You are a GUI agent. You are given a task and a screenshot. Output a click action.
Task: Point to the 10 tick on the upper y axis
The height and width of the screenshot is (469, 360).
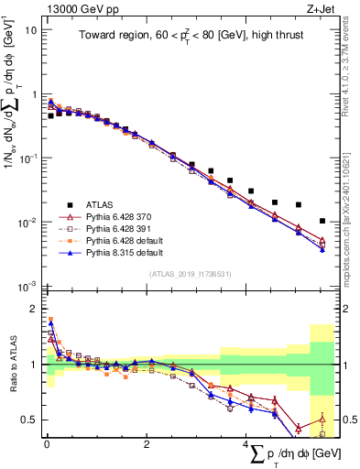pyautogui.click(x=32, y=29)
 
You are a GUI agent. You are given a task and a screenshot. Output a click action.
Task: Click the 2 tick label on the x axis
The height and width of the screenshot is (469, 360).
pyautogui.click(x=147, y=444)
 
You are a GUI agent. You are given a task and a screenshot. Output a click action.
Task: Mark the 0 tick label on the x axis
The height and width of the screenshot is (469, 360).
pyautogui.click(x=47, y=444)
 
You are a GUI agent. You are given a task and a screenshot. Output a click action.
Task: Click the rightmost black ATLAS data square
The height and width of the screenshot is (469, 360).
pyautogui.click(x=322, y=221)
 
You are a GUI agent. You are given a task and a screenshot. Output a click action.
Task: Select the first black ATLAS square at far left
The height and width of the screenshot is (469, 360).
pyautogui.click(x=50, y=116)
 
